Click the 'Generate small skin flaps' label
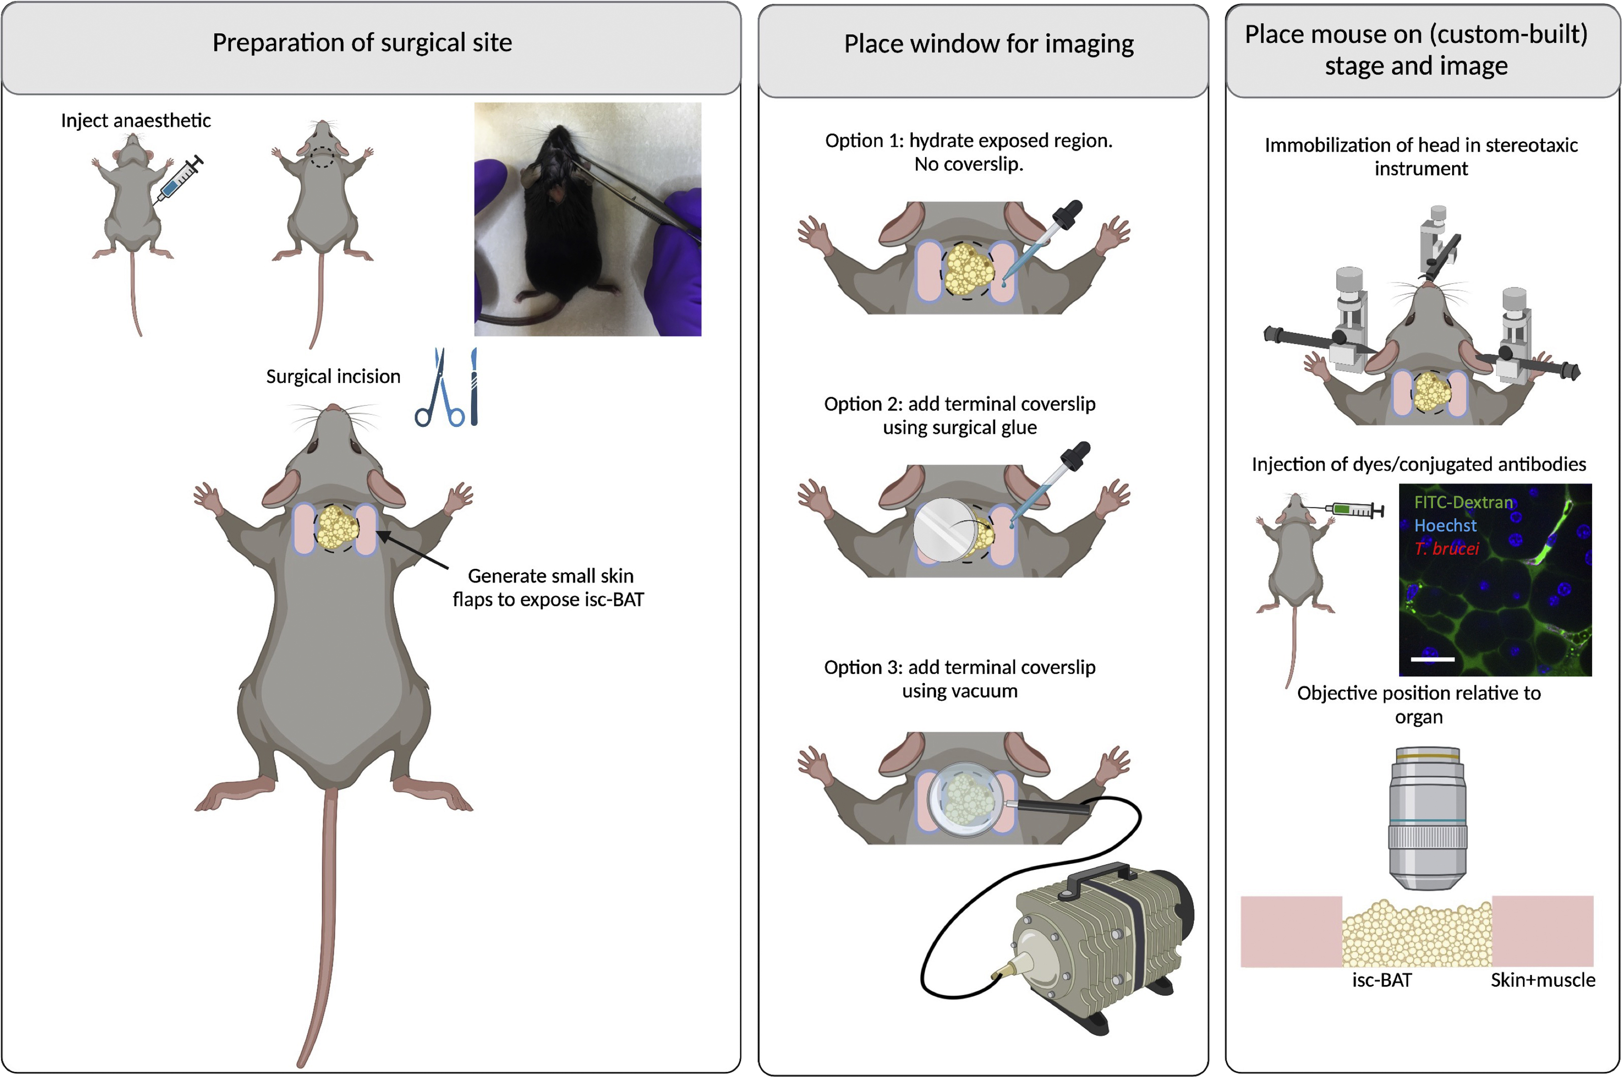tap(549, 587)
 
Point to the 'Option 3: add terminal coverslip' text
tap(960, 679)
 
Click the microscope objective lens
tap(1427, 818)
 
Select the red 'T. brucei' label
tap(1446, 548)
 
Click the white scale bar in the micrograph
tap(1432, 659)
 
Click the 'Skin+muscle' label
tap(1543, 980)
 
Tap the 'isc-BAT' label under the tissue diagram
tap(1382, 980)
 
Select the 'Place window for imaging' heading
tap(988, 44)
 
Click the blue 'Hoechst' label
tap(1445, 525)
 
